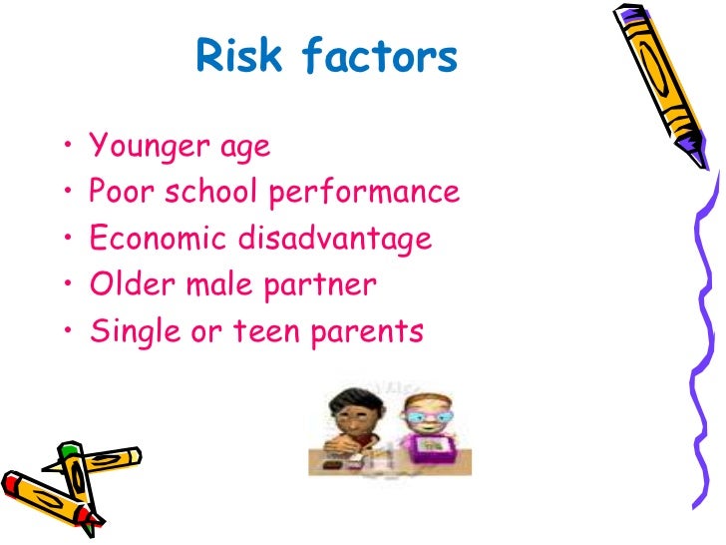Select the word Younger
point(147,147)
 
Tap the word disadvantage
point(334,240)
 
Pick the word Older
point(125,284)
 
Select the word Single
point(126,332)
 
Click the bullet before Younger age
point(67,148)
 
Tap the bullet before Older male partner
point(67,285)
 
